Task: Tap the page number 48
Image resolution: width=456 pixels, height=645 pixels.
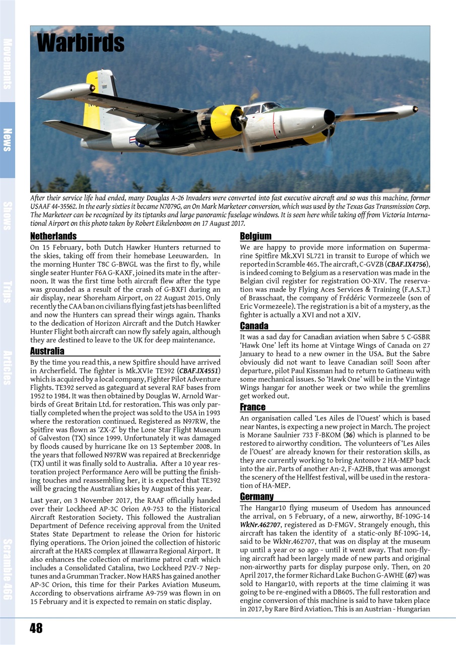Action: (36, 628)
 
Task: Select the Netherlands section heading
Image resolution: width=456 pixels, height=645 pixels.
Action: (53, 236)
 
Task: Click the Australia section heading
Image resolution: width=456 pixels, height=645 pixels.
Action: (47, 351)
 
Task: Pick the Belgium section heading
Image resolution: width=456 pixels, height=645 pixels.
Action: (255, 236)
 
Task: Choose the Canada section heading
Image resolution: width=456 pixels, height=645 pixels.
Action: (254, 326)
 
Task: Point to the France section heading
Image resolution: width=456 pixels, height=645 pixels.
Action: (252, 407)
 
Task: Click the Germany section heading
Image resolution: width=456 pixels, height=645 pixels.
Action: (256, 497)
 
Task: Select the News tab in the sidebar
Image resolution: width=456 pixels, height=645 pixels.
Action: (8, 140)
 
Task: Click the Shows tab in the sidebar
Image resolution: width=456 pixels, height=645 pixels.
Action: (8, 216)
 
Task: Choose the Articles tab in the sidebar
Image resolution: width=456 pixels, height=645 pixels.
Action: (8, 367)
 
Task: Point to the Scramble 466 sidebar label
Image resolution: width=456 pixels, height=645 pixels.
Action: (8, 569)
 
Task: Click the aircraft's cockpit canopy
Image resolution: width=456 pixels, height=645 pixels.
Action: (265, 107)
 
